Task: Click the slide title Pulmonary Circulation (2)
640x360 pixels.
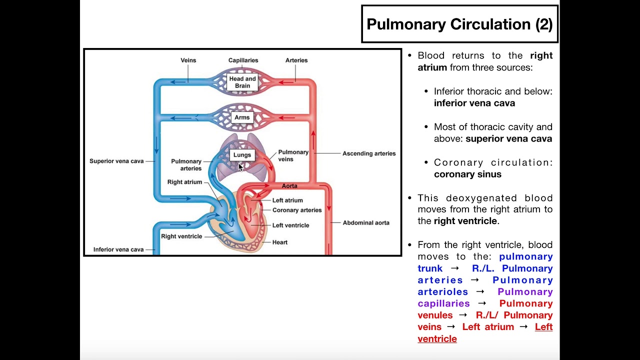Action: (459, 24)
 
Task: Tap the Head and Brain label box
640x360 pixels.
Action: (242, 82)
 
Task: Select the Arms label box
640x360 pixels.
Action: (242, 117)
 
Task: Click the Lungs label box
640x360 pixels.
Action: (242, 155)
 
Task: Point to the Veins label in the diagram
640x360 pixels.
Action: (188, 60)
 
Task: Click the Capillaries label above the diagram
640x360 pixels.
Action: (243, 60)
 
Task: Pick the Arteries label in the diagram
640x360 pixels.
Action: (296, 60)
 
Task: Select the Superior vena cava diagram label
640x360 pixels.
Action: (116, 161)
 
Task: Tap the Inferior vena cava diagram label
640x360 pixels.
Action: (118, 249)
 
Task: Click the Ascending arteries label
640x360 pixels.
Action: (369, 153)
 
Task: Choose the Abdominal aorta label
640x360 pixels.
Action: (366, 223)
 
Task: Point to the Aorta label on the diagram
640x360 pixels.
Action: (289, 186)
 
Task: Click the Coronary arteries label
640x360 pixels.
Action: (297, 210)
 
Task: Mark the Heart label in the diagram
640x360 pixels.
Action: (280, 242)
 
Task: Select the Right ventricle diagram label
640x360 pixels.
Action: (181, 236)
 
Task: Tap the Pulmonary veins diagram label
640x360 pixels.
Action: (293, 155)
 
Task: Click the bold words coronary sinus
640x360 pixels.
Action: (467, 174)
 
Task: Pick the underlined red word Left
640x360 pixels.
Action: (543, 327)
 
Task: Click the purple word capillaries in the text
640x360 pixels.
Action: (444, 303)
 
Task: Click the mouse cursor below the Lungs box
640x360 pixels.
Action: (240, 167)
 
